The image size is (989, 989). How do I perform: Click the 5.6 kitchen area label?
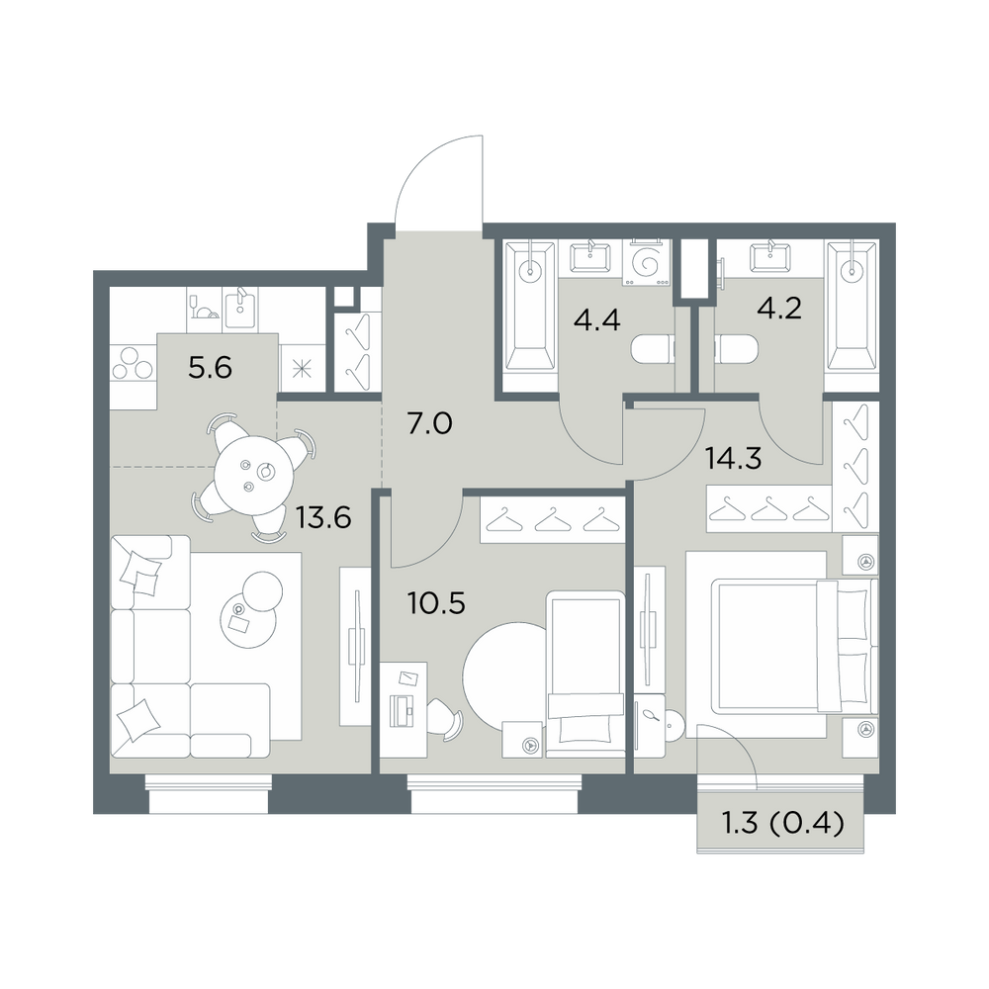click(x=210, y=367)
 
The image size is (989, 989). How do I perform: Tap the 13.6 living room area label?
click(x=323, y=518)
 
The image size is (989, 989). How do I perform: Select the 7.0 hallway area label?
click(x=429, y=424)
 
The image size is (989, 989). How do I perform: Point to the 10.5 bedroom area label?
click(x=436, y=603)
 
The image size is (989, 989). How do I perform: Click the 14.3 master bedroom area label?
click(x=734, y=459)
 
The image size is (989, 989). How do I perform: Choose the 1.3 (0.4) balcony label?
click(x=782, y=823)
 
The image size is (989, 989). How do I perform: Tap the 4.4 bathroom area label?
click(x=596, y=319)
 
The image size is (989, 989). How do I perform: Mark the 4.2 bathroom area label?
click(x=779, y=309)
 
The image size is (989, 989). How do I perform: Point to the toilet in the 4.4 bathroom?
click(x=652, y=349)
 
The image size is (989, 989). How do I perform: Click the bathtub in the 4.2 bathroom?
click(x=852, y=306)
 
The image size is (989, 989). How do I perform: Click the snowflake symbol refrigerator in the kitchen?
click(x=302, y=369)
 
